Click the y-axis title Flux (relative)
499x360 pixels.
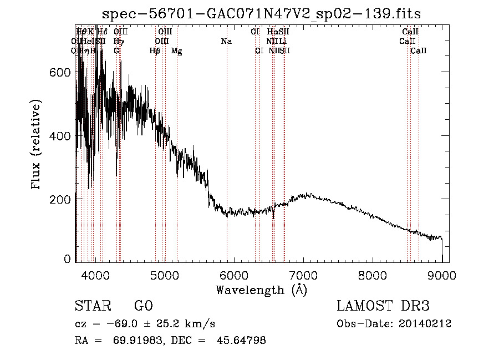37,145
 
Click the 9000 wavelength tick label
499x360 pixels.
442,275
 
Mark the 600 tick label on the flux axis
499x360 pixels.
63,73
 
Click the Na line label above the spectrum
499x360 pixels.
226,42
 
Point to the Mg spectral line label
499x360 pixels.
176,51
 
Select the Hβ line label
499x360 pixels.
155,51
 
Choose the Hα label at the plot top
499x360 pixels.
272,32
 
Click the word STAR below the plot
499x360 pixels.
91,306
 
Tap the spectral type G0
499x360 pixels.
143,306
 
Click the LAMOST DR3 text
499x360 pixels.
383,306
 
